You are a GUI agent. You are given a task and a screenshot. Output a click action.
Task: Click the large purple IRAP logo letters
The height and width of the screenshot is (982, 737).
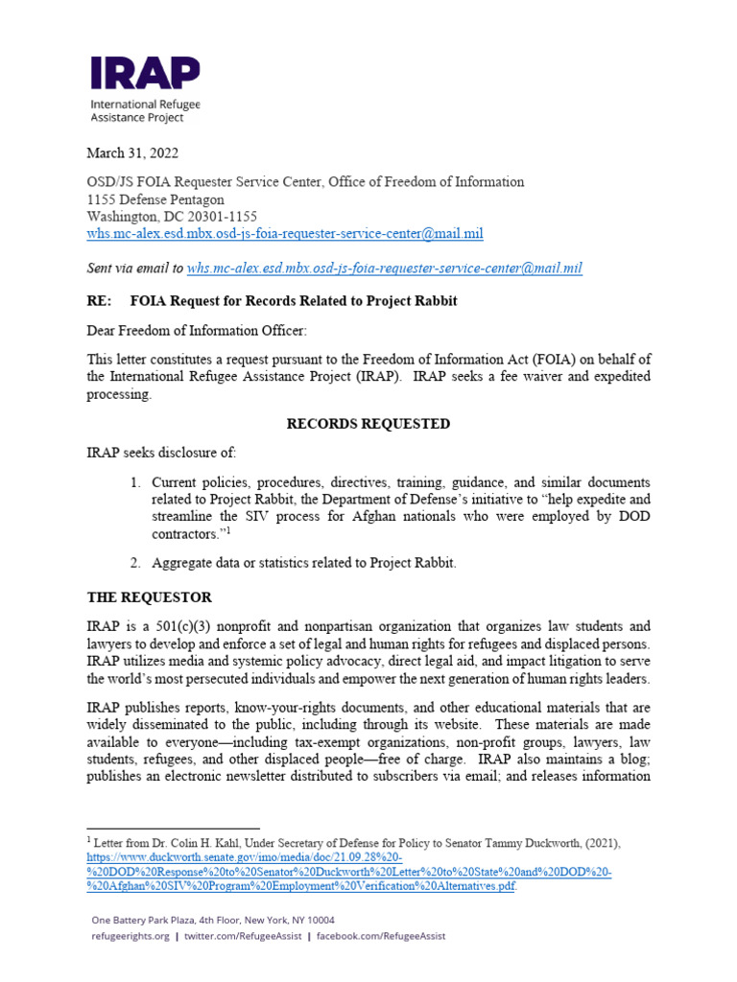click(x=145, y=73)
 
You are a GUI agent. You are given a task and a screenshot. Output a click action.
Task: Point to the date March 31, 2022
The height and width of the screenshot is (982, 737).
click(x=132, y=152)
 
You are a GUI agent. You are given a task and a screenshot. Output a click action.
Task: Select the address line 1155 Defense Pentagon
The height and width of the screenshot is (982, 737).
click(x=155, y=199)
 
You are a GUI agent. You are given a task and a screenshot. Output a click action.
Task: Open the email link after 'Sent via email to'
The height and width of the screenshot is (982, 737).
click(x=384, y=269)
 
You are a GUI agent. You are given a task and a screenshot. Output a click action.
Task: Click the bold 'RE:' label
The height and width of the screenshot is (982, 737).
click(x=100, y=301)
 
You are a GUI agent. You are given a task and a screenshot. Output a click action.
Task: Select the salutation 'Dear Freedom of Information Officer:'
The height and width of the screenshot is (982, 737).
click(x=198, y=332)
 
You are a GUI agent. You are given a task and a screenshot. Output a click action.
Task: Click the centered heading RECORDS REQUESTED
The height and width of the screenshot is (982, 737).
click(x=368, y=424)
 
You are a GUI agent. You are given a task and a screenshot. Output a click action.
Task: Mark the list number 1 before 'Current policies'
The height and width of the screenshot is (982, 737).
click(x=136, y=481)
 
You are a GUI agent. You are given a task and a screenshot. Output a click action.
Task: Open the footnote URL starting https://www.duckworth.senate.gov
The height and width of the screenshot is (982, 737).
click(x=246, y=857)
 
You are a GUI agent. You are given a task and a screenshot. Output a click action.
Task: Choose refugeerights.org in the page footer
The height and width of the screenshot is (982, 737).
click(x=131, y=936)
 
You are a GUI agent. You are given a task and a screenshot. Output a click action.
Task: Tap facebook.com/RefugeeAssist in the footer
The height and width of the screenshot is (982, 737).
click(x=381, y=936)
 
